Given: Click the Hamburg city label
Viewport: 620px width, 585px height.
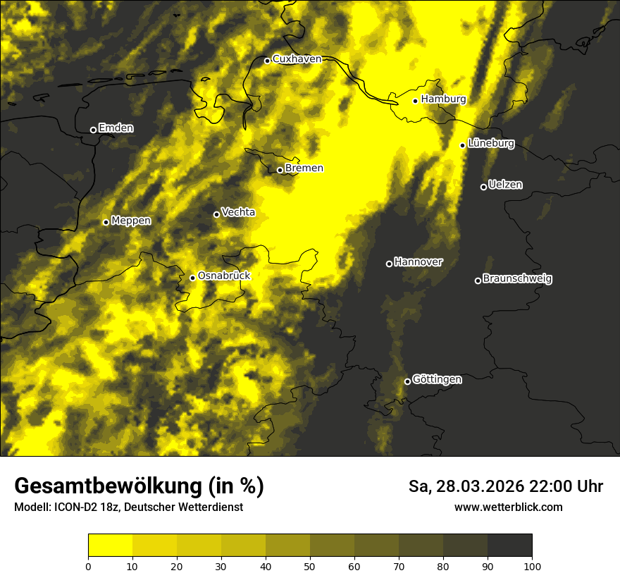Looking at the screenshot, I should pyautogui.click(x=443, y=99).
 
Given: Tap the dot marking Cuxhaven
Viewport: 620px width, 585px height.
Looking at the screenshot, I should pyautogui.click(x=267, y=61).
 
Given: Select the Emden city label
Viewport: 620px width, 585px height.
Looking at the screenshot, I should pyautogui.click(x=116, y=128).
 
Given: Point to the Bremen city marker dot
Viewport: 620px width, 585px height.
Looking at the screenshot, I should pyautogui.click(x=280, y=170).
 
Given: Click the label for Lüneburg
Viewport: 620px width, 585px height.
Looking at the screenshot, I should pyautogui.click(x=491, y=144).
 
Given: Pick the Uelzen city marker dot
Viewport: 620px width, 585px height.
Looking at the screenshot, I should pyautogui.click(x=483, y=187).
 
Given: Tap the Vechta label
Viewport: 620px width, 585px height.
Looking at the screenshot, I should pyautogui.click(x=238, y=212).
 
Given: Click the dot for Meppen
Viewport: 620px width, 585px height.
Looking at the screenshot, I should pyautogui.click(x=106, y=222).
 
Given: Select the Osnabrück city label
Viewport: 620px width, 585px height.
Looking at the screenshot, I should pyautogui.click(x=224, y=276).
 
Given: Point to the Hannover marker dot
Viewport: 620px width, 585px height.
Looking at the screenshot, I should pyautogui.click(x=389, y=264).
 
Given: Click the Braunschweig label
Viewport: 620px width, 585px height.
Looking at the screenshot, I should pyautogui.click(x=517, y=279).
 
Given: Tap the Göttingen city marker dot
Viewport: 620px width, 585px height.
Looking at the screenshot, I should pyautogui.click(x=407, y=381).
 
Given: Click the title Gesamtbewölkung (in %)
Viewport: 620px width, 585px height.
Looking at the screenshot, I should pyautogui.click(x=139, y=486).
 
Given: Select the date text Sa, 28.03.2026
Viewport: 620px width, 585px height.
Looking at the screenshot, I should pyautogui.click(x=466, y=486).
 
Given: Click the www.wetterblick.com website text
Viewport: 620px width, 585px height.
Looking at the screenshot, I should pyautogui.click(x=508, y=507).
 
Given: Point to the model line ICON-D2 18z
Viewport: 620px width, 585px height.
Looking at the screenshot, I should pyautogui.click(x=128, y=507).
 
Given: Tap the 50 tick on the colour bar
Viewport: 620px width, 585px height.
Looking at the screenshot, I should pyautogui.click(x=310, y=565).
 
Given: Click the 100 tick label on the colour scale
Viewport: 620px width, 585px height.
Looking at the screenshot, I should pyautogui.click(x=532, y=565).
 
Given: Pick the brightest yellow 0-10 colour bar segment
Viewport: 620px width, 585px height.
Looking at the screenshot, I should pyautogui.click(x=110, y=545).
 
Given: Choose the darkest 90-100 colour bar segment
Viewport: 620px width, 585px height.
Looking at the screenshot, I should pyautogui.click(x=509, y=545).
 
